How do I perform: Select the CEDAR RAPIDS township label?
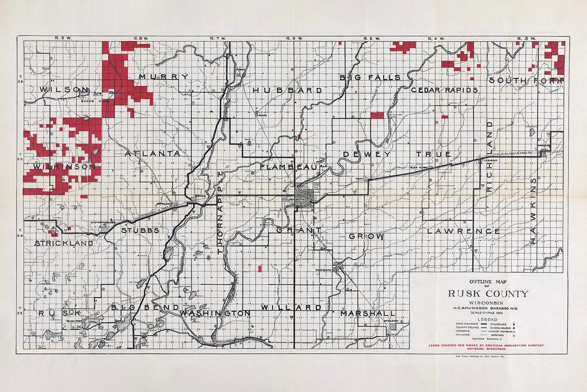pos(444,90)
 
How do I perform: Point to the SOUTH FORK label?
pos(525,81)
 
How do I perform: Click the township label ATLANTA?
pos(152,154)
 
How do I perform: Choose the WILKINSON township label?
pos(64,166)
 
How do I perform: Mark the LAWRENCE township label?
pos(463,231)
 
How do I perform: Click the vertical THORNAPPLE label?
pos(221,212)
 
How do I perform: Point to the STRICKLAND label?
pos(64,243)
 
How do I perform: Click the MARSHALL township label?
pos(368,314)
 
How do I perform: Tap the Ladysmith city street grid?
pos(304,195)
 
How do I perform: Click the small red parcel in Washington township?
pos(259,268)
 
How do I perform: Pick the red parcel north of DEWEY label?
pos(377,115)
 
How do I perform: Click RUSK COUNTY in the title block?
pos(488,293)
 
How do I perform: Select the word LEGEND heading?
pos(488,319)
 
